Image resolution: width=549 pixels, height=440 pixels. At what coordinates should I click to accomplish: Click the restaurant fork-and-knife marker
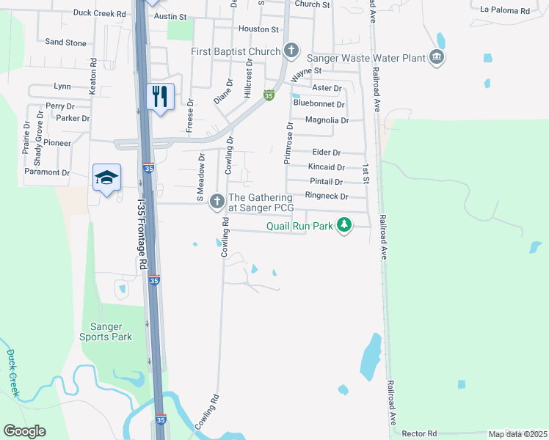(x=160, y=96)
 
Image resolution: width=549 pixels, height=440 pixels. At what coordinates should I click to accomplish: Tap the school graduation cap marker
(x=106, y=177)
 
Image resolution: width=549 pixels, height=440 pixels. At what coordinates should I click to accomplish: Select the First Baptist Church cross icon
(x=291, y=51)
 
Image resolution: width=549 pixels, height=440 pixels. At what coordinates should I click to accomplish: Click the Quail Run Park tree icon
(x=343, y=227)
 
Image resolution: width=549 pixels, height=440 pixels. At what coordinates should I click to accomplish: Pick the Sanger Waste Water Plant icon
(x=437, y=56)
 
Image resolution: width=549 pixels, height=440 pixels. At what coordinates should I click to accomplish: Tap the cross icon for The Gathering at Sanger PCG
(x=217, y=200)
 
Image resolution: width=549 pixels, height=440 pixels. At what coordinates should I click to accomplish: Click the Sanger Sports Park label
(x=106, y=331)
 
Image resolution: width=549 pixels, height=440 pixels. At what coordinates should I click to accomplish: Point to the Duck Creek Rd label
(x=101, y=13)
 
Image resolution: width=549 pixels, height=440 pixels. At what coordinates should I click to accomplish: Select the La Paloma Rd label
(x=504, y=11)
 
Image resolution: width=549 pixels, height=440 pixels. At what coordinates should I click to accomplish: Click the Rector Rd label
(x=420, y=433)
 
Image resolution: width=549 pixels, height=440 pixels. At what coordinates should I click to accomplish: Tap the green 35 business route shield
(x=269, y=95)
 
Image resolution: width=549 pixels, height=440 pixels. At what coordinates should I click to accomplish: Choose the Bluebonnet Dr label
(x=318, y=103)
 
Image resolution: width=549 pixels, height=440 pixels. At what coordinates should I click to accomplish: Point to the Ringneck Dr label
(x=326, y=197)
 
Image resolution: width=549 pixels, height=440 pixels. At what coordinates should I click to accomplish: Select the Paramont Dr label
(x=46, y=173)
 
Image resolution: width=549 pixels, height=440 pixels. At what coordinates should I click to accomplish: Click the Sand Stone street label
(x=65, y=43)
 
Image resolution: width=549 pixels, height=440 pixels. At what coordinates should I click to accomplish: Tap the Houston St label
(x=258, y=29)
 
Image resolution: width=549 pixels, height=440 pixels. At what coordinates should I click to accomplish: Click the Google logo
(x=24, y=431)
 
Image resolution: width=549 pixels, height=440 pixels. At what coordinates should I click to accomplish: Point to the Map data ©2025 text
(x=517, y=434)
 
